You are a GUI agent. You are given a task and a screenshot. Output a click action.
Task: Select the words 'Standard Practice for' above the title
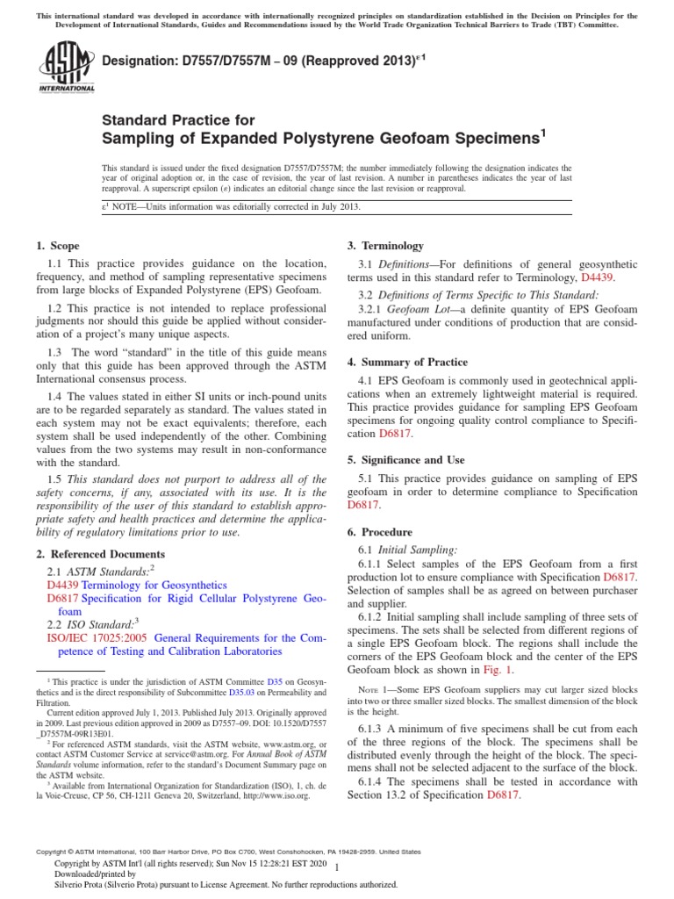click(179, 120)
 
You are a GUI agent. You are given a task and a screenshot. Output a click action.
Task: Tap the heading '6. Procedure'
click(383, 532)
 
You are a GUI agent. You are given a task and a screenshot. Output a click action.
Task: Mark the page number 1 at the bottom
click(337, 867)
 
